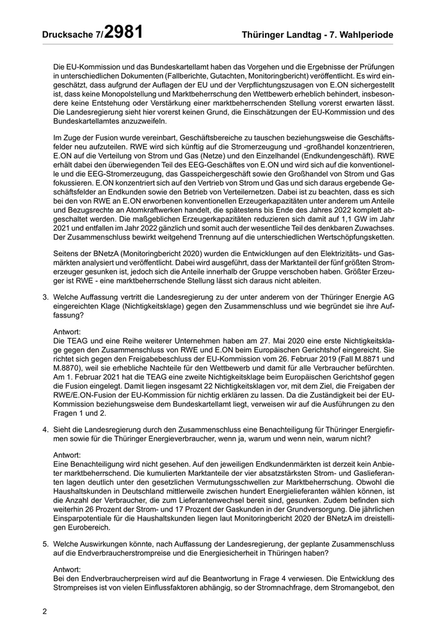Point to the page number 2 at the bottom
pyautogui.click(x=44, y=612)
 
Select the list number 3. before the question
pyautogui.click(x=46, y=297)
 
